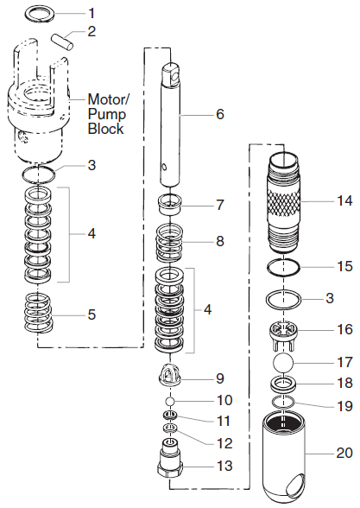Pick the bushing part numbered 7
[174, 207]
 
